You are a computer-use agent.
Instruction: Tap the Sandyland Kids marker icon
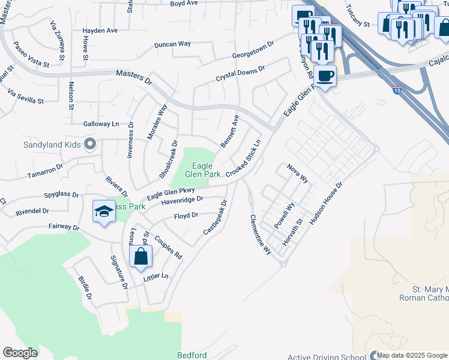coord(90,144)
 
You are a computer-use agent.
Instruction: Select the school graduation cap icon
coord(104,211)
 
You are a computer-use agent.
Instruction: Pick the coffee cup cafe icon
coord(325,76)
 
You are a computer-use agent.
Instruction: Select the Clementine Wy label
coord(261,235)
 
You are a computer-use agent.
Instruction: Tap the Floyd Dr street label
coord(185,216)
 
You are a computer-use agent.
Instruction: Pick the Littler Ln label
coord(156,277)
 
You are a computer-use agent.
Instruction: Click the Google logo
coord(20,353)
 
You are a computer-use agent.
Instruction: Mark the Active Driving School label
coord(327,358)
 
